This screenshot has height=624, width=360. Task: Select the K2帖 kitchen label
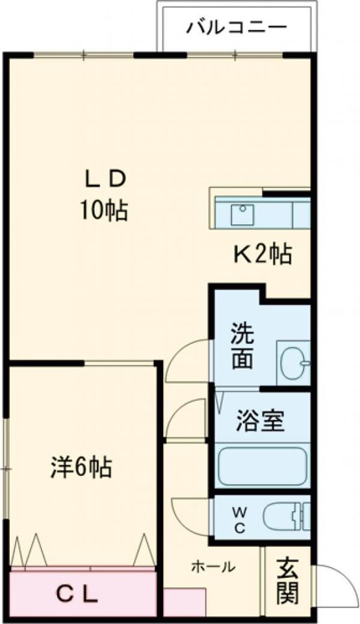262,254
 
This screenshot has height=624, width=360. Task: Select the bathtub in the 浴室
261,465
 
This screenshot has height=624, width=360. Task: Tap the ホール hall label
212,566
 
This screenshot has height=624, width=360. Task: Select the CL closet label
76,593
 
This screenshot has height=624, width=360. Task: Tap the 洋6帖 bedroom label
81,466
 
